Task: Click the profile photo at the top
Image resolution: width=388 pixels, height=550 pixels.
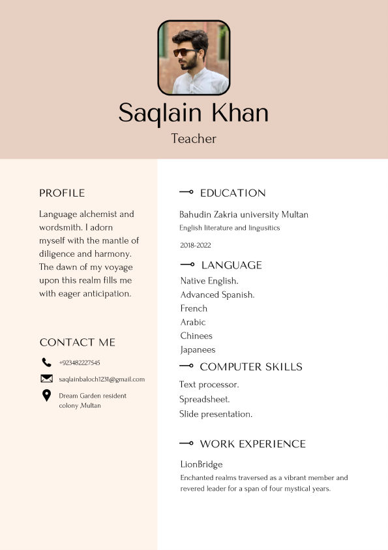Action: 194,57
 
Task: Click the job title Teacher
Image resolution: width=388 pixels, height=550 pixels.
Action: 194,138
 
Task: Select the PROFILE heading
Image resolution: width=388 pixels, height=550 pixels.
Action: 62,193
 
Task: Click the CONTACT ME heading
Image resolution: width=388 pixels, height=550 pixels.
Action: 77,342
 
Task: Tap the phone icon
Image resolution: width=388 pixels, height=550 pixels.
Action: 46,363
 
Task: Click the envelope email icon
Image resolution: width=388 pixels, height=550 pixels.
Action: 46,379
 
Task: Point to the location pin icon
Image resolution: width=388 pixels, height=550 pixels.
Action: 46,395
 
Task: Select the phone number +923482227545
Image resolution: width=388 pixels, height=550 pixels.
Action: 80,363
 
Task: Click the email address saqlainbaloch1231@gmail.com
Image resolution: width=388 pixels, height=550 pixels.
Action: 102,379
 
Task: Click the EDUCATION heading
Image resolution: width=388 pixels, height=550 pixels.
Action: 233,193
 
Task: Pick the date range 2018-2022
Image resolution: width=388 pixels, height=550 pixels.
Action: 196,246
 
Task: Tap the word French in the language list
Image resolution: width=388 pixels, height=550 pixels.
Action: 194,308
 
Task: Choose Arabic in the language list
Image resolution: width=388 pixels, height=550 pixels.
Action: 193,322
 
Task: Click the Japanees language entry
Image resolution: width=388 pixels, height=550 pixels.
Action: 198,349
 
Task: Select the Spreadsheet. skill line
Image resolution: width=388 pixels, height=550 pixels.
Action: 205,399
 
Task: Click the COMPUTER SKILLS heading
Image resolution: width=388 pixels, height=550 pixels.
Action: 251,366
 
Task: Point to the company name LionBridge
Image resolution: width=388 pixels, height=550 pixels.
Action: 201,464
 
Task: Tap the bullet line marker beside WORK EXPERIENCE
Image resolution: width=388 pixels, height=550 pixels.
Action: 187,444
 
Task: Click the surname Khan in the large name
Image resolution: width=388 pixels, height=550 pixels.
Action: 240,113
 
